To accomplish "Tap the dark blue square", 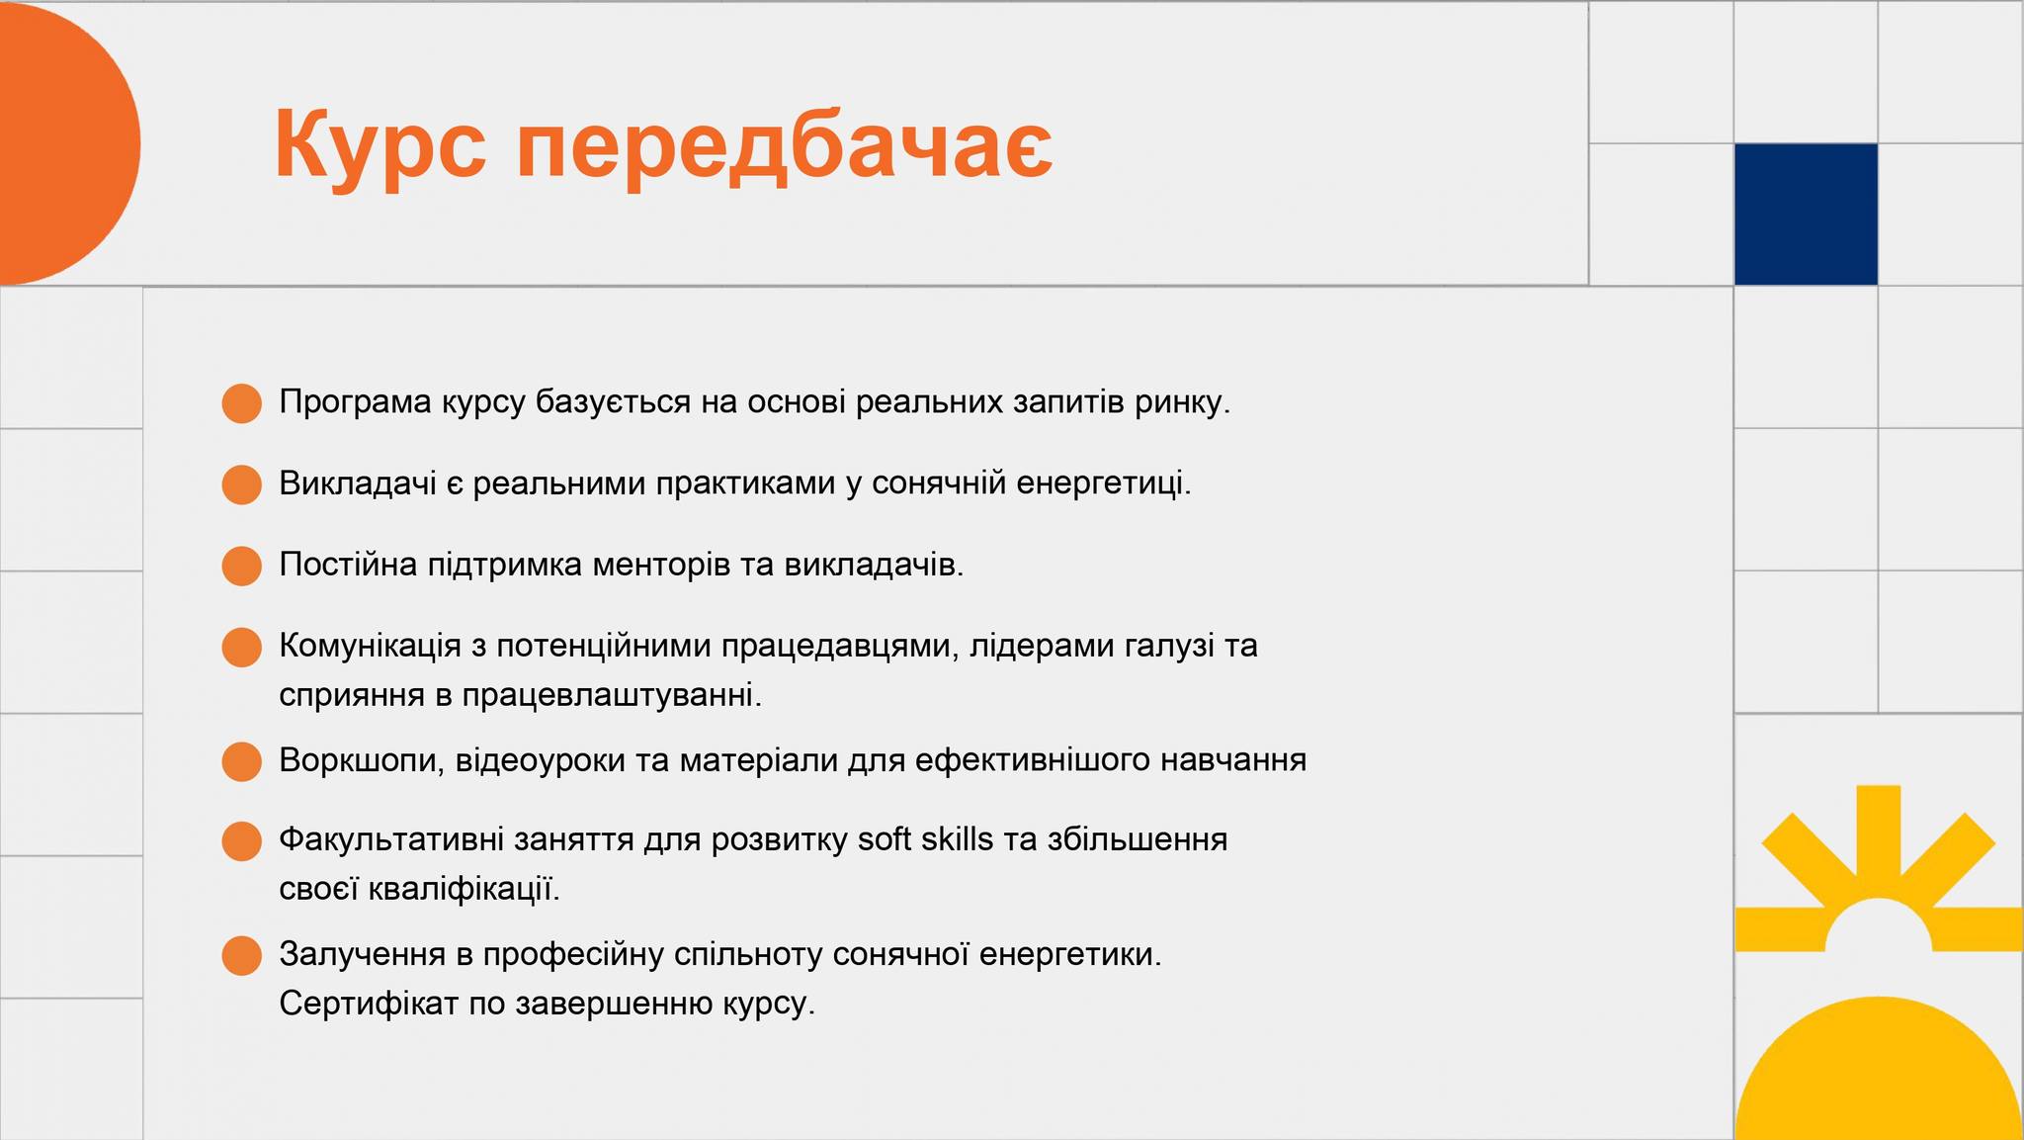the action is click(1806, 215).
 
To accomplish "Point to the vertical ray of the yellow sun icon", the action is click(1878, 831).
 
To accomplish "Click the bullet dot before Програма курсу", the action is click(241, 403).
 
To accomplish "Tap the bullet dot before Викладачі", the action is click(241, 484).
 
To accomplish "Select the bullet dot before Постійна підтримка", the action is click(241, 566).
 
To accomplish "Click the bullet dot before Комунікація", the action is click(241, 647).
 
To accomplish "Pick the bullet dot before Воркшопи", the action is click(241, 761).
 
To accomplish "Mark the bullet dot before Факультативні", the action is click(241, 840).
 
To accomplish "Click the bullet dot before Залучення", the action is click(241, 955).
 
